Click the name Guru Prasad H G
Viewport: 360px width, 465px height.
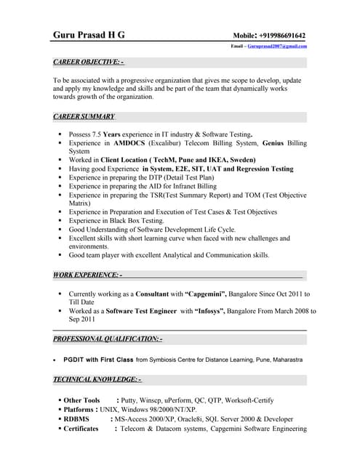[x=89, y=35]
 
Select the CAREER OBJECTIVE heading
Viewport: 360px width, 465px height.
[x=88, y=62]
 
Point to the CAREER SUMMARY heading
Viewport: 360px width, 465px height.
[x=84, y=116]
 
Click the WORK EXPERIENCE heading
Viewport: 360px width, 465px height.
[x=87, y=275]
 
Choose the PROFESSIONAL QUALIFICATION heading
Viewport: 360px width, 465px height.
[x=108, y=339]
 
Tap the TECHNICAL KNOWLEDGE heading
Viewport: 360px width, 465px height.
[x=97, y=379]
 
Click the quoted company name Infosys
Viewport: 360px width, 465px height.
[x=215, y=310]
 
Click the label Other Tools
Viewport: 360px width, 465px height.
[x=81, y=400]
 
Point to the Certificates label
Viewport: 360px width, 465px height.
[x=80, y=429]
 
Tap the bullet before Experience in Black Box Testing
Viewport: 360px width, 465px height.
[x=60, y=220]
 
